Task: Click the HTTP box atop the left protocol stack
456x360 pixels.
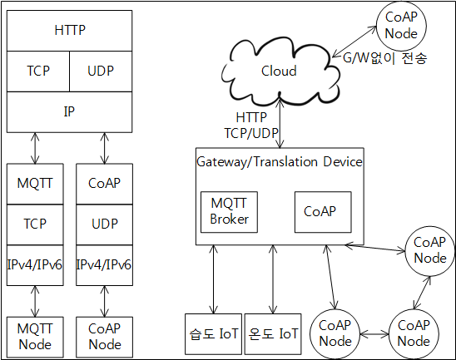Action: [70, 31]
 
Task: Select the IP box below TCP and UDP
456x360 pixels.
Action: [70, 112]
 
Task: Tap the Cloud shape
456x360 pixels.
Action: [280, 72]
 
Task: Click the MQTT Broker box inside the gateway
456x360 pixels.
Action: [229, 212]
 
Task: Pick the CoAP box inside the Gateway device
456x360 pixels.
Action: [323, 212]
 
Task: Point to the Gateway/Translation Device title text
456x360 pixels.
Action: [280, 162]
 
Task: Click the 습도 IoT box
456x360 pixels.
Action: [214, 334]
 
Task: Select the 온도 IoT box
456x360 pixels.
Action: [273, 334]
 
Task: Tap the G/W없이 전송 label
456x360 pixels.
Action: [384, 58]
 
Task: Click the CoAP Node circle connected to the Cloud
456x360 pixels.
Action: [401, 26]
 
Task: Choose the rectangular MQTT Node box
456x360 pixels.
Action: [35, 337]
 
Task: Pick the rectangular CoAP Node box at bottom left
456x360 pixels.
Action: [104, 337]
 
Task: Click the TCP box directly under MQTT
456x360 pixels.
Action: [35, 224]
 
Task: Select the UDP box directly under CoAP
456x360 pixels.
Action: [104, 224]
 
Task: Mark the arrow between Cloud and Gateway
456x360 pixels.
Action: [280, 123]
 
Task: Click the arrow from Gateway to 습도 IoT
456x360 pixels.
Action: [214, 279]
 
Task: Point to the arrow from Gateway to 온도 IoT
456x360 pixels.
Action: [273, 279]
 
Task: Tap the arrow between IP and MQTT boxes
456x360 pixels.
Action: [35, 148]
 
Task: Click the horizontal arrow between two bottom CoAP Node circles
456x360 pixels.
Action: [374, 334]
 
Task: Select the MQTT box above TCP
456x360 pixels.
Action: [35, 184]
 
